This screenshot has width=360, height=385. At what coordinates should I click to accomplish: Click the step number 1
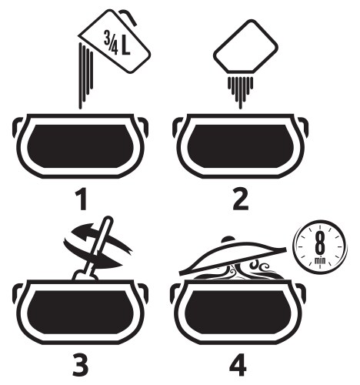tap(82, 200)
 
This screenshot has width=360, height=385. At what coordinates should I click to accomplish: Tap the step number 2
tap(241, 200)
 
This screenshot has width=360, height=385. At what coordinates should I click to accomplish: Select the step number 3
tap(80, 365)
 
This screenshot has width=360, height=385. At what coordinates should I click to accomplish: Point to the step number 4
tap(238, 365)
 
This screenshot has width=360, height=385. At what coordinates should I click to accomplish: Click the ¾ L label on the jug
tap(117, 43)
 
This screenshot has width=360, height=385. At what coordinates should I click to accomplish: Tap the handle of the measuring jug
tap(128, 16)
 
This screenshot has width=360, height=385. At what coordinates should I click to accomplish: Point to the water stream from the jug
tap(86, 75)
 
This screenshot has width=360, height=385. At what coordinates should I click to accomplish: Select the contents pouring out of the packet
tap(241, 91)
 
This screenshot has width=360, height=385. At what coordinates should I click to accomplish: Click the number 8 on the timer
tap(320, 244)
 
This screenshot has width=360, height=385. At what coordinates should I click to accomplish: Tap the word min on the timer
tap(320, 261)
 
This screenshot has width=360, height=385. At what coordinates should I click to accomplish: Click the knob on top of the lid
tap(228, 239)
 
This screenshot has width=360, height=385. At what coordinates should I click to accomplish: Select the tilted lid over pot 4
tap(232, 256)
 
